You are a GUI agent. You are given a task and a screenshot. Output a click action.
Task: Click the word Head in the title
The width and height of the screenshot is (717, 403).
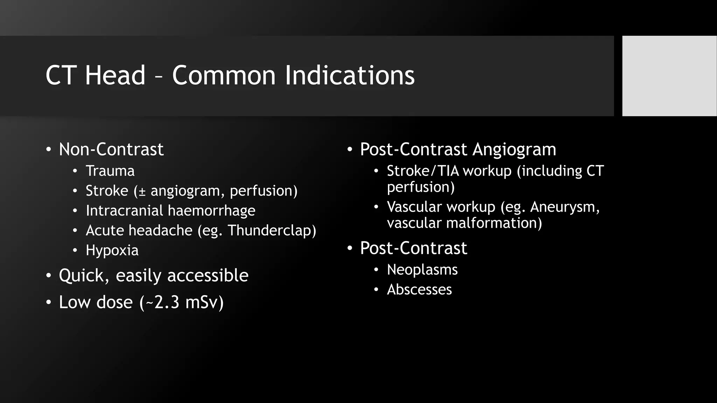(115, 75)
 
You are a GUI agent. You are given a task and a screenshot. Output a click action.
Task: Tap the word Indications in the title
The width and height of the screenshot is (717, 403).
(349, 75)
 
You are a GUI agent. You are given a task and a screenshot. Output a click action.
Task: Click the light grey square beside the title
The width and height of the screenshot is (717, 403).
(669, 76)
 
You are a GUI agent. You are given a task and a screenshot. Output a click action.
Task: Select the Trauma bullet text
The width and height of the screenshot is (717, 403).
(110, 171)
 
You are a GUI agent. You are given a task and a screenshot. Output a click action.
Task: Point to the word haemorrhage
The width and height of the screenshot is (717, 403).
(211, 211)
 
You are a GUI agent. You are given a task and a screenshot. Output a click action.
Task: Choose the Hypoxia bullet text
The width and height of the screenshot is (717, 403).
(112, 250)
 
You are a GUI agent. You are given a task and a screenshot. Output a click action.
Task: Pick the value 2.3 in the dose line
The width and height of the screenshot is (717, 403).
(167, 302)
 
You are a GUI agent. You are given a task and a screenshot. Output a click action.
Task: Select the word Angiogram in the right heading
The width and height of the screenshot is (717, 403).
(514, 149)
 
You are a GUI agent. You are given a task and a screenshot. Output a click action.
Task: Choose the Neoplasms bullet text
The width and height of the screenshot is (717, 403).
(422, 270)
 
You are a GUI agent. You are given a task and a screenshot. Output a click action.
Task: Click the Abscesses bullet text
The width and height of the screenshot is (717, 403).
(419, 290)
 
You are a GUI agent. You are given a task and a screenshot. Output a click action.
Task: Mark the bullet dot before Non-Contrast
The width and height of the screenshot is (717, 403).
(48, 150)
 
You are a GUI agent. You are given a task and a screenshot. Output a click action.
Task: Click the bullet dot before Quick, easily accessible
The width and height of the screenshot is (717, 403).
(48, 276)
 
